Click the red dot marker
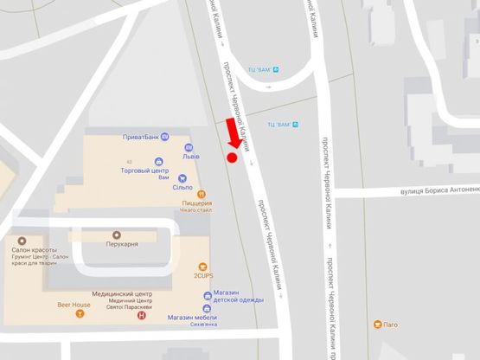click(232, 157)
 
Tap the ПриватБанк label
click(138, 137)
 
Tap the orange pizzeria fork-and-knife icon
click(201, 194)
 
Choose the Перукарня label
click(118, 244)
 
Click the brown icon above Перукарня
click(118, 234)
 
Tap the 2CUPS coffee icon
click(202, 266)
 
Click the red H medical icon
click(142, 316)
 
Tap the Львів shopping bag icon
click(188, 147)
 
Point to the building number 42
click(129, 161)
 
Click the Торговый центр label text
click(140, 170)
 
